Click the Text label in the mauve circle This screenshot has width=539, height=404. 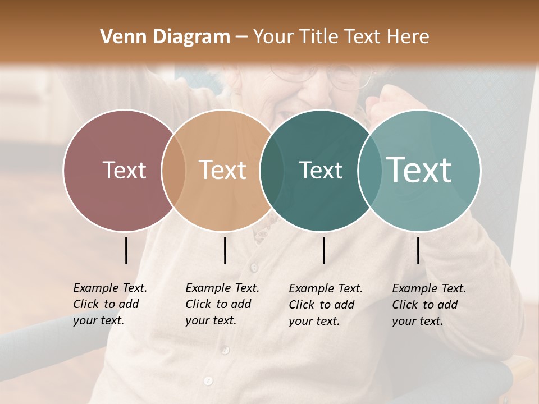[124, 170]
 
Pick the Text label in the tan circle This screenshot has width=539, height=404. [223, 170]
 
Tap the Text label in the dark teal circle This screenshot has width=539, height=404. [321, 170]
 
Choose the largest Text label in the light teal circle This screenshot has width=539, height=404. [419, 170]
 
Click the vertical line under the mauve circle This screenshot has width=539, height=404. [126, 250]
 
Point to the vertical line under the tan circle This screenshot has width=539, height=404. [225, 250]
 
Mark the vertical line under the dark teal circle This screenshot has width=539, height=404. [323, 250]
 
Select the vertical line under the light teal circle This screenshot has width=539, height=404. [418, 250]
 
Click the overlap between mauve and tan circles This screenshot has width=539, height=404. [173, 170]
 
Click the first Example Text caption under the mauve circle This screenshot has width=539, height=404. [109, 304]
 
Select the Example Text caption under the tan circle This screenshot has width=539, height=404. [222, 304]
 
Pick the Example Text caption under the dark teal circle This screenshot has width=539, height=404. [325, 305]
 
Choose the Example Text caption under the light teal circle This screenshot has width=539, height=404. [428, 305]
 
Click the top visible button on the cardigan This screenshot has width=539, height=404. [254, 267]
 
